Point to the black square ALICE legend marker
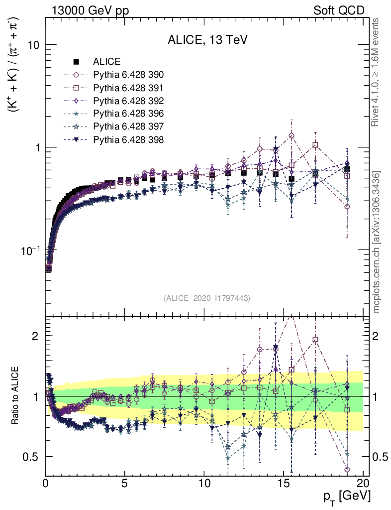(x=76, y=62)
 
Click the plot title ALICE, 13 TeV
(x=207, y=40)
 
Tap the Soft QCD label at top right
(x=339, y=10)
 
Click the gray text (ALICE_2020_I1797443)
(x=206, y=298)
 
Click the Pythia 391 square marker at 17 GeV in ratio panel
(x=315, y=340)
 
